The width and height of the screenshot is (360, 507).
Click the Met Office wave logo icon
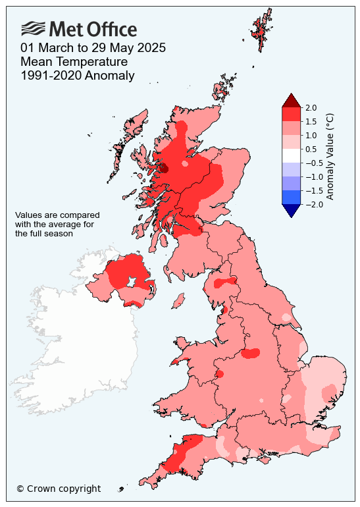34,28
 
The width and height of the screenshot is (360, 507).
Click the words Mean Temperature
74,62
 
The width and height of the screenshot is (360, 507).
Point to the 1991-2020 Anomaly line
77,76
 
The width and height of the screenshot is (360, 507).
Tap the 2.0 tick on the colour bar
311,107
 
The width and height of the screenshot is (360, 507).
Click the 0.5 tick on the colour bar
311,149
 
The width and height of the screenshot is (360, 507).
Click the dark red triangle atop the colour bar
291,101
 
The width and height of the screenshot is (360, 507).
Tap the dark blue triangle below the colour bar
291,210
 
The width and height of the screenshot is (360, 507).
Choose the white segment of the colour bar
291,155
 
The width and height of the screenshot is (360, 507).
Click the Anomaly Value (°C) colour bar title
330,156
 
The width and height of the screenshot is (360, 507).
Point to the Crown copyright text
59,489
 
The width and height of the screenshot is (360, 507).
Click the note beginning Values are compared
57,224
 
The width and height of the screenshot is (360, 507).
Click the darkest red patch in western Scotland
163,168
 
